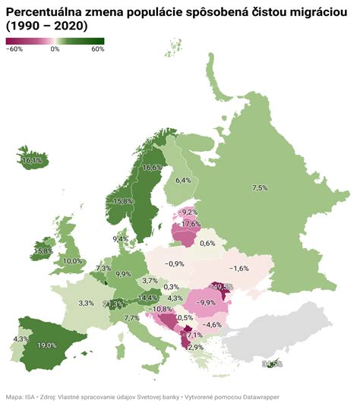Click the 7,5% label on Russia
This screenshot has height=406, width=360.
pyautogui.click(x=260, y=187)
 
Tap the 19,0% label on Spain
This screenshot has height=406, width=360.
pyautogui.click(x=47, y=345)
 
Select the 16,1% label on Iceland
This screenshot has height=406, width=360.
pyautogui.click(x=32, y=161)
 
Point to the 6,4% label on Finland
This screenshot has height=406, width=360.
pyautogui.click(x=183, y=181)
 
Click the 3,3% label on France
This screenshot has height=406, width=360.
pyautogui.click(x=86, y=303)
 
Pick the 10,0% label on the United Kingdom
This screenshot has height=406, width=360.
pyautogui.click(x=73, y=261)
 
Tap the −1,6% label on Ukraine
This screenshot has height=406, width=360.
pyautogui.click(x=239, y=269)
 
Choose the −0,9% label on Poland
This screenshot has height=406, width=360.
pyautogui.click(x=174, y=263)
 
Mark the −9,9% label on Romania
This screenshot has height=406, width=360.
pyautogui.click(x=206, y=302)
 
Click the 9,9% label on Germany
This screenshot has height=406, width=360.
pyautogui.click(x=123, y=274)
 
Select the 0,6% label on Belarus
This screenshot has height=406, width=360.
pyautogui.click(x=207, y=243)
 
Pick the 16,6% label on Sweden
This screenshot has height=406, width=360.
pyautogui.click(x=152, y=167)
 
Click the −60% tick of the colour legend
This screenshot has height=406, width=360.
pyautogui.click(x=14, y=49)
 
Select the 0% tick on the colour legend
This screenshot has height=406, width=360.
pyautogui.click(x=55, y=49)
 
